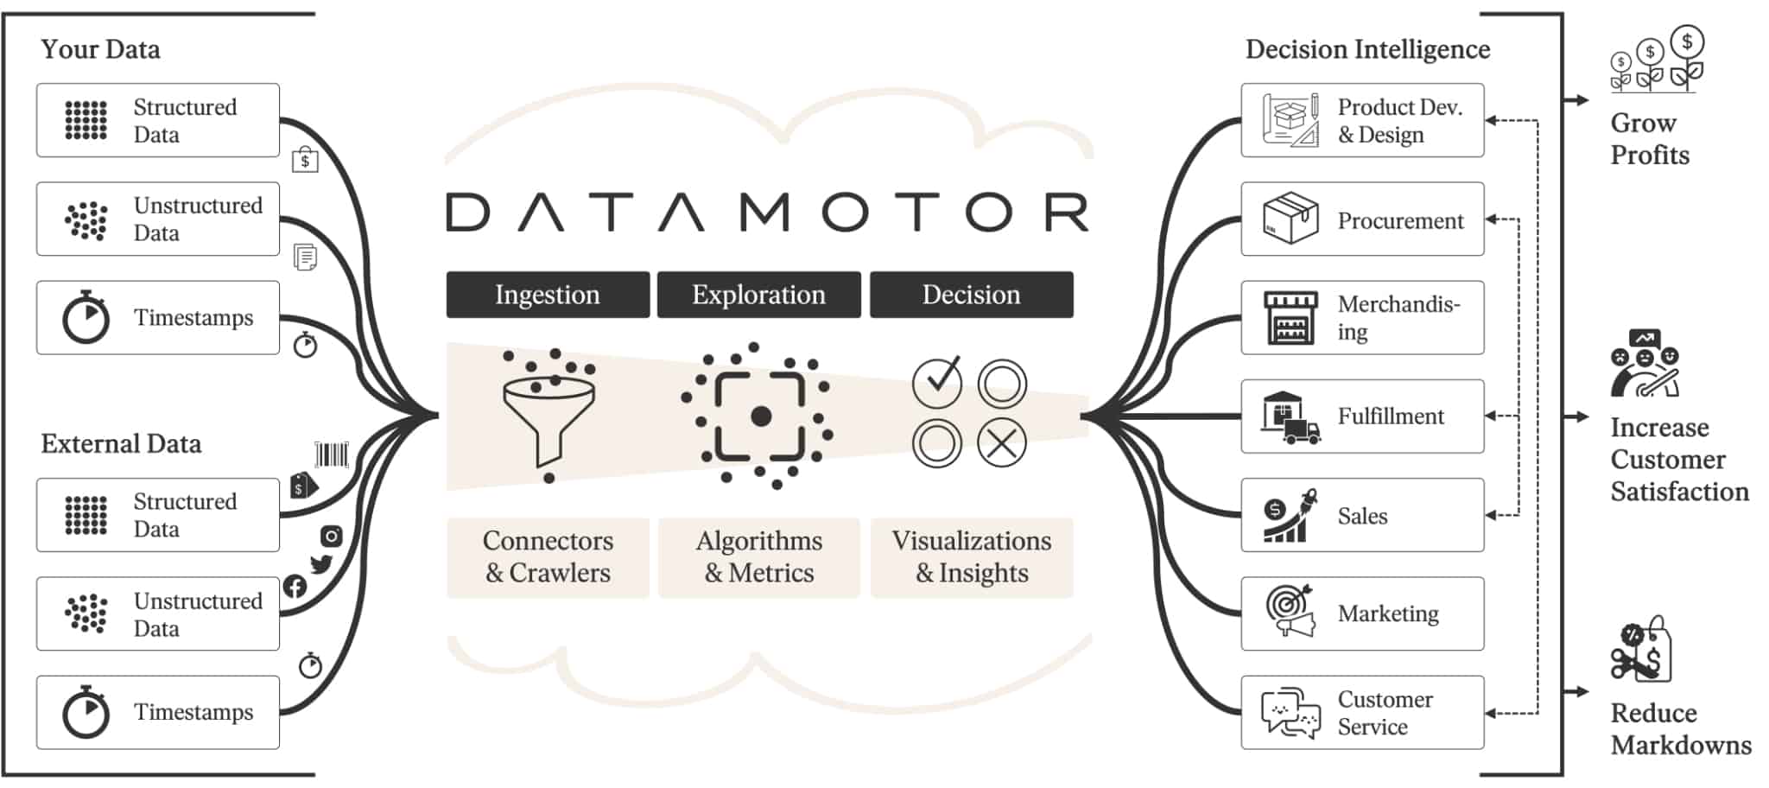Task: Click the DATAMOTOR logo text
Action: [x=767, y=213]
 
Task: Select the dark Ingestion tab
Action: [x=548, y=295]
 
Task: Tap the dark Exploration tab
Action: [x=758, y=295]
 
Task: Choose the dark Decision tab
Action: [x=971, y=295]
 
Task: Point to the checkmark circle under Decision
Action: [x=937, y=382]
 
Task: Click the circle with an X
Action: [x=1002, y=443]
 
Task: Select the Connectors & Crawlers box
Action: [x=548, y=557]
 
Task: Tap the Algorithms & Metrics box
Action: [x=758, y=557]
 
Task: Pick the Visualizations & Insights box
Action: [x=972, y=557]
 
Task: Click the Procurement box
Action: [x=1362, y=219]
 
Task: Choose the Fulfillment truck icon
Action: [x=1290, y=417]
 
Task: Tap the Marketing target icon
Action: [x=1290, y=611]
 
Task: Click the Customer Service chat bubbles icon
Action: [x=1290, y=713]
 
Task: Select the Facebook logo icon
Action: [x=295, y=587]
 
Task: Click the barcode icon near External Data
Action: [x=332, y=454]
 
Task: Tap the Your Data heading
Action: [x=100, y=49]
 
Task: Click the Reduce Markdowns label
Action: [x=1680, y=729]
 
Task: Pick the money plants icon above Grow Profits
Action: [x=1656, y=60]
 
